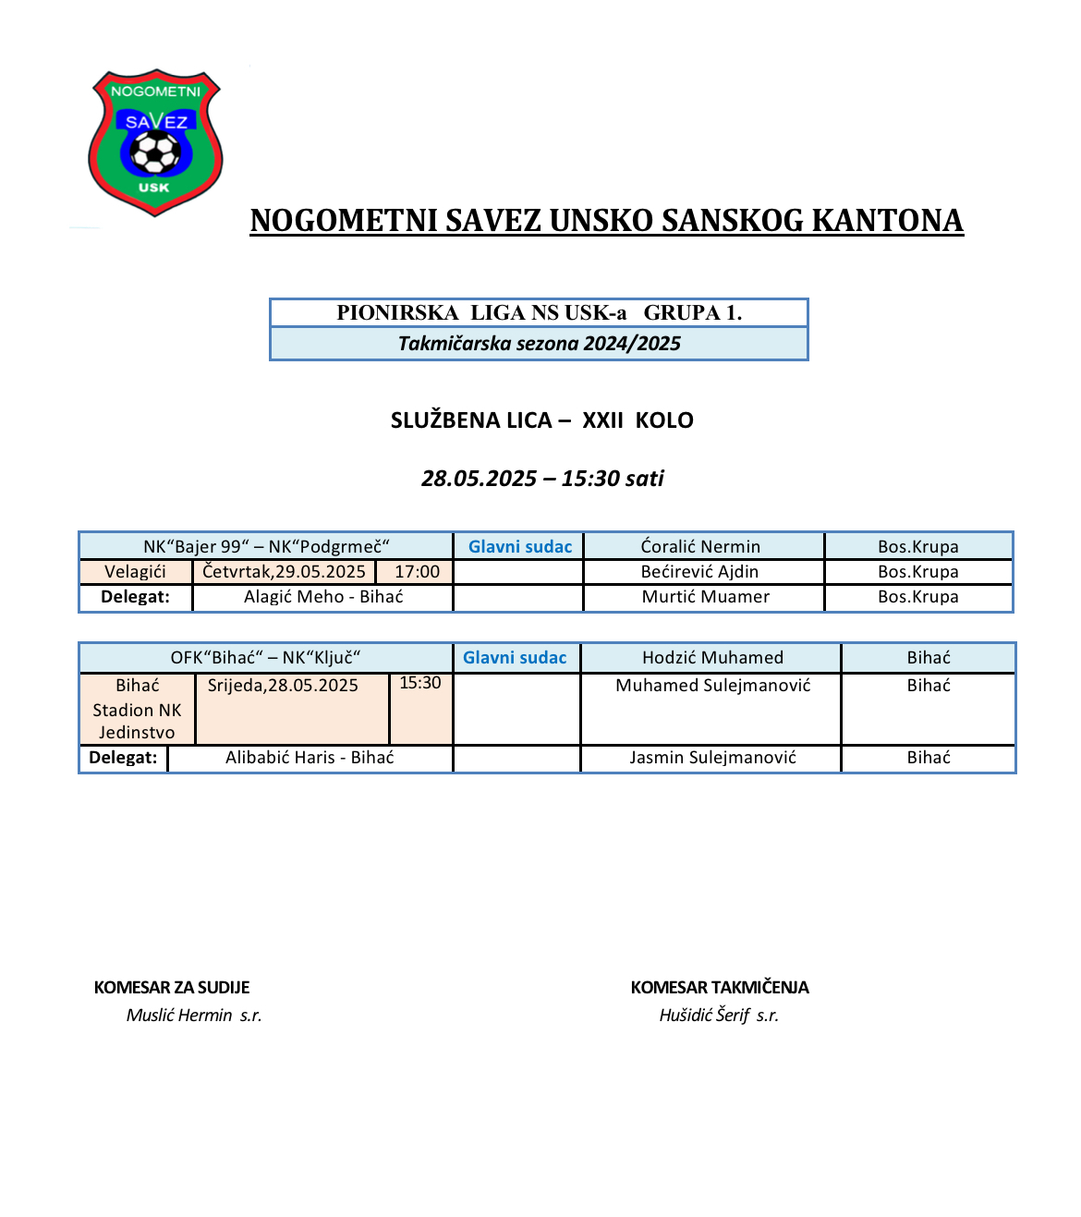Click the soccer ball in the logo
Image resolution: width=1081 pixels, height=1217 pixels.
[x=156, y=152]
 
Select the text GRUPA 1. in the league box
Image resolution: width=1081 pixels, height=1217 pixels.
[x=693, y=312]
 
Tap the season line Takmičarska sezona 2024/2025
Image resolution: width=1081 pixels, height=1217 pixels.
[x=539, y=344]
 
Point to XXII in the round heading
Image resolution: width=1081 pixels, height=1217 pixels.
[x=602, y=420]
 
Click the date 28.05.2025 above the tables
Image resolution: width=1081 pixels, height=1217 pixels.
[x=479, y=479]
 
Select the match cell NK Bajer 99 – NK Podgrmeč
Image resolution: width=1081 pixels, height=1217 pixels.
[x=266, y=546]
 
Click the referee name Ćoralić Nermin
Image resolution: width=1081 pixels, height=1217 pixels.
[x=700, y=546]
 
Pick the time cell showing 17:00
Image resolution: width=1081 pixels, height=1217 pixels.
[x=417, y=572]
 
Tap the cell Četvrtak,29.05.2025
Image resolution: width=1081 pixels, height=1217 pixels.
[x=284, y=572]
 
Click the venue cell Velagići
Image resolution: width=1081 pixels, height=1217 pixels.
[x=136, y=572]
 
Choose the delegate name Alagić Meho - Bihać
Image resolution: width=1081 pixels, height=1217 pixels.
[x=323, y=597]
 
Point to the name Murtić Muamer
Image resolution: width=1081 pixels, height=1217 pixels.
[x=705, y=597]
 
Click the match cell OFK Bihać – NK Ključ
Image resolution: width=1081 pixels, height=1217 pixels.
[x=265, y=658]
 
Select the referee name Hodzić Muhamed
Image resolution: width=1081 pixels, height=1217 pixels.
[x=712, y=658]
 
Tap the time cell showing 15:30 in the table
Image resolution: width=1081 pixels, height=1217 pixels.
[x=420, y=683]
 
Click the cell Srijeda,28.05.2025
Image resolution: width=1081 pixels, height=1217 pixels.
[x=283, y=686]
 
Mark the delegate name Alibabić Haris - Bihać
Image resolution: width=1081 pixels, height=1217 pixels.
[x=310, y=758]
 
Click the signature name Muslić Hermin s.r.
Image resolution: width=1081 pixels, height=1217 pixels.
[x=194, y=1016]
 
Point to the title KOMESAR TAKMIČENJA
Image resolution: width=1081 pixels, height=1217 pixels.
[x=720, y=988]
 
